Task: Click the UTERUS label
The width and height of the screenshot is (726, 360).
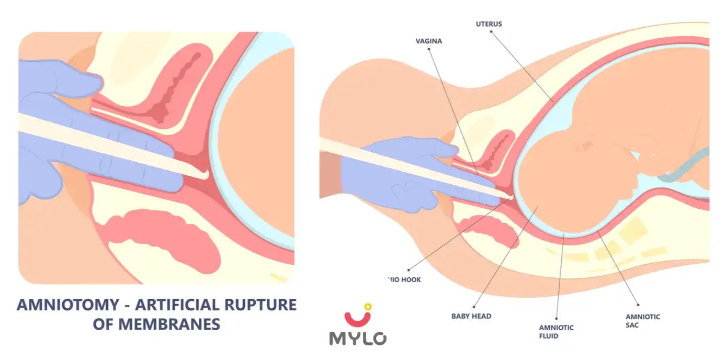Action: pos(489,24)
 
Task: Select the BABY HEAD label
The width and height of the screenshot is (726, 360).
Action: pos(471,316)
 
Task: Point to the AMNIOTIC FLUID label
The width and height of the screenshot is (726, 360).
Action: pos(556,332)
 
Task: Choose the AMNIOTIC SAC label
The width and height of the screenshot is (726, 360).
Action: pos(642,321)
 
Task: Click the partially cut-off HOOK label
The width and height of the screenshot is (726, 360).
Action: pos(404,279)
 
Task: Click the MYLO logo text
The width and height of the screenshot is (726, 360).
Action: pos(358,337)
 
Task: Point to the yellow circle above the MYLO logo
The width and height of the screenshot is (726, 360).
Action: pos(368,307)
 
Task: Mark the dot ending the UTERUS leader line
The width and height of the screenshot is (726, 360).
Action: pos(492,31)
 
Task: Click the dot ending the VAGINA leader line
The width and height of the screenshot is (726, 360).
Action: pos(429,49)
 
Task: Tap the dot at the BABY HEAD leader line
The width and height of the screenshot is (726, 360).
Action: pos(473,307)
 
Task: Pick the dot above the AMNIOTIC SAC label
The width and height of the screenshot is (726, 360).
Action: pos(638,304)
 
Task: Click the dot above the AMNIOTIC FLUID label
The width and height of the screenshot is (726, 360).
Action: pos(556,318)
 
